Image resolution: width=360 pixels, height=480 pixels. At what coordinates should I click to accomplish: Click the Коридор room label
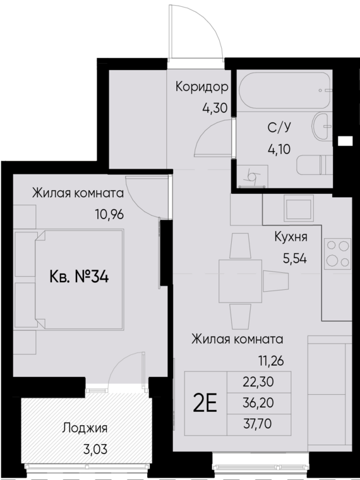(201, 87)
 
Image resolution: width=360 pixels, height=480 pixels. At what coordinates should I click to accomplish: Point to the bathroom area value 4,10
(279, 150)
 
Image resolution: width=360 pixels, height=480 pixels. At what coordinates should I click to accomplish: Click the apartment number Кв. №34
(78, 277)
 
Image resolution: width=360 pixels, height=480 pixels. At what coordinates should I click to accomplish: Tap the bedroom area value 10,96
(109, 213)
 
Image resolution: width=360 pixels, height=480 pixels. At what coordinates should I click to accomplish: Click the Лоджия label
(85, 428)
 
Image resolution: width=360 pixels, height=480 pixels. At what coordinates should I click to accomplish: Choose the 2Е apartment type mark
(205, 403)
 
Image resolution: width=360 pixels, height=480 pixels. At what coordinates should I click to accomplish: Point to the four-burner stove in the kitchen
(338, 254)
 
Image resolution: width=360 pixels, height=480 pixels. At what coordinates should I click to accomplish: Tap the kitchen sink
(297, 208)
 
